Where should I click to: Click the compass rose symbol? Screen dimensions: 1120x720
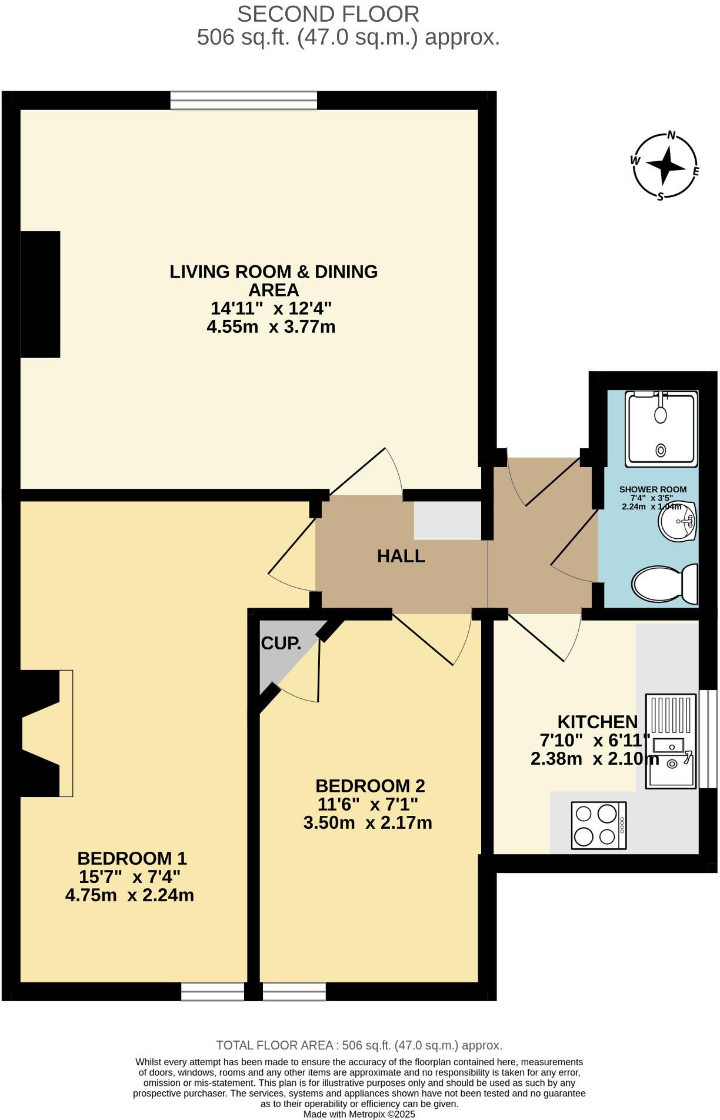(x=666, y=166)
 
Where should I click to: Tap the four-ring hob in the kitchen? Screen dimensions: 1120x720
(x=599, y=825)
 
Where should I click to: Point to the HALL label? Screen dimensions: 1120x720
(x=401, y=556)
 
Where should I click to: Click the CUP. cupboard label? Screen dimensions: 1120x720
(x=281, y=644)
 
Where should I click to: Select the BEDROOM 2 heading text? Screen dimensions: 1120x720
(x=370, y=786)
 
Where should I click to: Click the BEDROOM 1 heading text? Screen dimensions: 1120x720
(x=132, y=858)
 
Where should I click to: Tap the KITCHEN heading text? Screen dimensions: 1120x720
(x=597, y=722)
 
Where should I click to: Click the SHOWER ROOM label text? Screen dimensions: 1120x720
(x=652, y=489)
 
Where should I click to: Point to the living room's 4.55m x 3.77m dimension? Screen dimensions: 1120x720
(x=271, y=326)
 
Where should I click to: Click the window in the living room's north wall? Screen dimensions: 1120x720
(x=244, y=101)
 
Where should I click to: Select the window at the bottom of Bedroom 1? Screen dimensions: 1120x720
(x=212, y=991)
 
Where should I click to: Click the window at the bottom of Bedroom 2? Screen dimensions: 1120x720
(x=294, y=991)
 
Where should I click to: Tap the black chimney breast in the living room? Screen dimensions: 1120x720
(x=41, y=294)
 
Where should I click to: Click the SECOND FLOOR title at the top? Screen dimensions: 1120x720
(x=328, y=14)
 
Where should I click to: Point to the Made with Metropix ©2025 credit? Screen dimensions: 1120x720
(x=359, y=1114)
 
